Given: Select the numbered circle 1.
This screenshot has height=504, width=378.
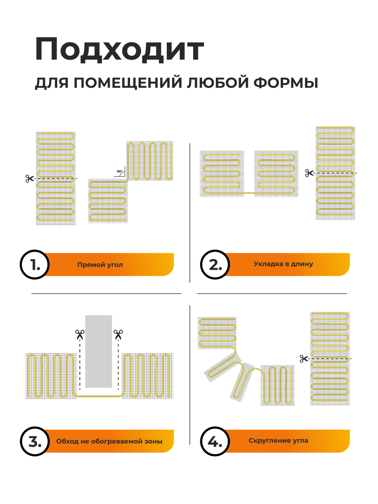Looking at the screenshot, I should point(35,265).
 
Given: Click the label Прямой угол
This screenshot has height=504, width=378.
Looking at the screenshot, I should point(100,265).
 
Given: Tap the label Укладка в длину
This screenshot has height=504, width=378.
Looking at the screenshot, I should point(283,264).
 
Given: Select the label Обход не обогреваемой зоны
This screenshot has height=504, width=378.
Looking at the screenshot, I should point(109,442).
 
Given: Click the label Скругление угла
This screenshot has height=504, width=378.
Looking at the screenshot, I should point(278,441).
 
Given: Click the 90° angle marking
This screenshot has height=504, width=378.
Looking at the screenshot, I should point(120,172).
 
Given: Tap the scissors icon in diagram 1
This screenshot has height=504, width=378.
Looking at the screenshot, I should point(29,178).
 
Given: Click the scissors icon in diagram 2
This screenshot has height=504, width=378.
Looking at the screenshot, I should point(310,173).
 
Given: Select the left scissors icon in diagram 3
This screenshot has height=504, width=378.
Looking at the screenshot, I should point(79,334).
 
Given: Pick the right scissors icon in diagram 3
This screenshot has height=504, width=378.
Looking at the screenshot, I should point(118,334).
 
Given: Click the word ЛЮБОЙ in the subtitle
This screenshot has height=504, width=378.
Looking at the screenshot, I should point(218,83).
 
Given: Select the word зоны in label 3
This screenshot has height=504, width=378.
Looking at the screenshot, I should point(153,442).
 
